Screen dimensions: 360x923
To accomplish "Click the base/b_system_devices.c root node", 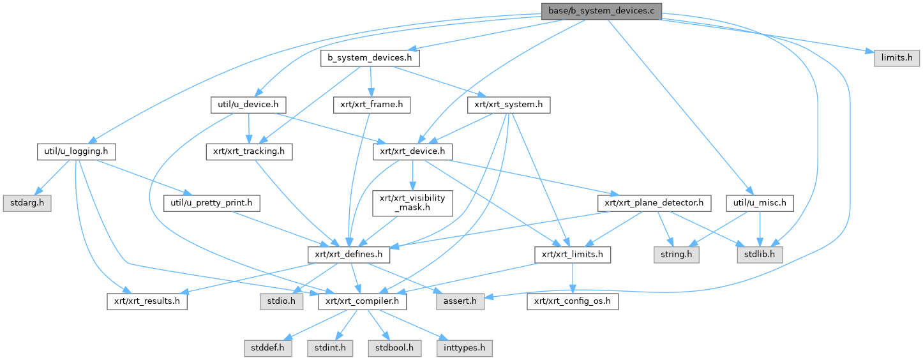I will (601, 11).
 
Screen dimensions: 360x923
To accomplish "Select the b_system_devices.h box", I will (370, 58).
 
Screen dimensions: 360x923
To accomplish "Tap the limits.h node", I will (897, 57).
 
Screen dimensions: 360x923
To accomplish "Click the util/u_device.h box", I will (248, 103).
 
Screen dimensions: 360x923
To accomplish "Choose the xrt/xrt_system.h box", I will (509, 103).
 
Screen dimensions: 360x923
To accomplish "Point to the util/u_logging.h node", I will (76, 152).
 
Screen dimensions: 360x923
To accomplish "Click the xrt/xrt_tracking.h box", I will (249, 152).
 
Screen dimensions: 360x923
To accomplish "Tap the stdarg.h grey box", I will (26, 203).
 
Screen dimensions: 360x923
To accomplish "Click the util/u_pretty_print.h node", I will (211, 203).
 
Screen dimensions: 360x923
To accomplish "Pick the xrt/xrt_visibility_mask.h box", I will (413, 203).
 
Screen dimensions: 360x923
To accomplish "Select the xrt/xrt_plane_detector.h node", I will (654, 203).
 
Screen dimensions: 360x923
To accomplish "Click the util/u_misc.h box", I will (760, 203).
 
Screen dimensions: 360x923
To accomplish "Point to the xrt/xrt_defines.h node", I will (349, 255).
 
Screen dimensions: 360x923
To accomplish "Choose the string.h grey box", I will (676, 255).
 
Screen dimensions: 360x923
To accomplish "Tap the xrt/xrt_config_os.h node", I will (573, 301).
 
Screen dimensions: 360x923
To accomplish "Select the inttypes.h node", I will (465, 349).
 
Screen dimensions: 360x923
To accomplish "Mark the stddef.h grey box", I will (268, 349).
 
